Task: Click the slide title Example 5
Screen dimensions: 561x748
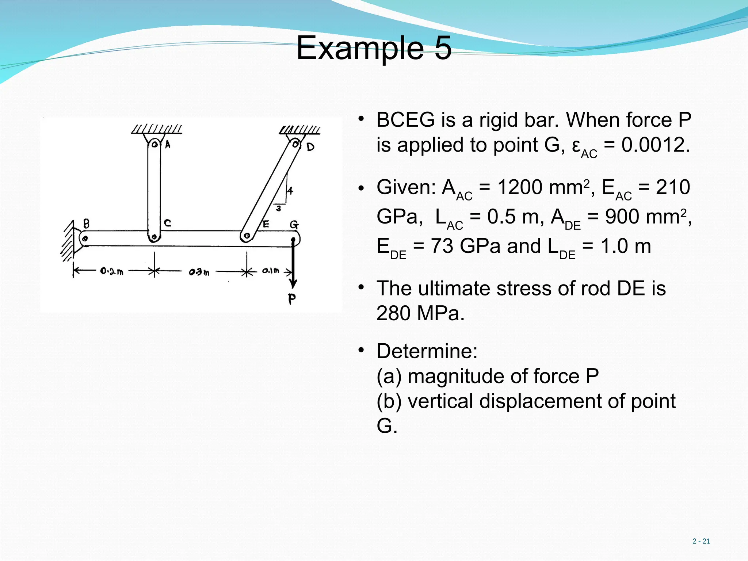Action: pos(374,48)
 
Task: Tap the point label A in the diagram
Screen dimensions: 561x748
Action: pos(168,145)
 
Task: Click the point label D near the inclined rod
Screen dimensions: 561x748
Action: pos(310,147)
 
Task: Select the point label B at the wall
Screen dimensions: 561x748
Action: pos(86,223)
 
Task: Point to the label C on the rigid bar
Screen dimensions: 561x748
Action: pos(167,223)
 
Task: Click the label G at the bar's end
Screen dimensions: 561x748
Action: pos(294,224)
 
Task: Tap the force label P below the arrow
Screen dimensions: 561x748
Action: pos(291,299)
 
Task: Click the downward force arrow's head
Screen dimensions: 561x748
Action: pos(293,284)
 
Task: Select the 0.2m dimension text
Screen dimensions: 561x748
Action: pos(111,271)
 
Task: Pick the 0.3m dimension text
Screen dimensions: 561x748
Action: pos(199,272)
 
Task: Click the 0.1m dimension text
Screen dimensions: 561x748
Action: pos(270,271)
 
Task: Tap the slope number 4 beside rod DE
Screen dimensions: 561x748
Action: pos(290,191)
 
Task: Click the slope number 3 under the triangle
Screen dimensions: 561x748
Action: pos(279,209)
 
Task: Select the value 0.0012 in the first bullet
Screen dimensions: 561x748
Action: pos(655,145)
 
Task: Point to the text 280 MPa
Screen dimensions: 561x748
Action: pos(420,313)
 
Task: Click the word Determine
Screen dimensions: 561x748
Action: pos(427,351)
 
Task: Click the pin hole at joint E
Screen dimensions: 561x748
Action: pos(247,236)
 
